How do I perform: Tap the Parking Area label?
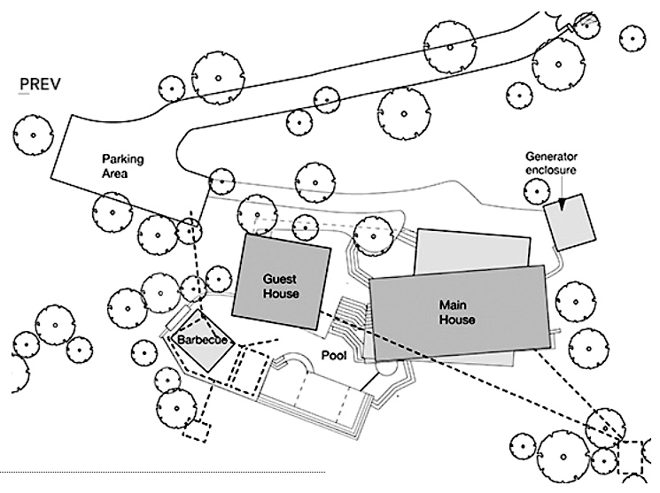pyautogui.click(x=122, y=166)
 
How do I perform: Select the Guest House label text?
pyautogui.click(x=280, y=285)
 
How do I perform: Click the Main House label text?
pyautogui.click(x=458, y=312)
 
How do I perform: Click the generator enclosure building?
pyautogui.click(x=570, y=221)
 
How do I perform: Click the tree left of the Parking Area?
pyautogui.click(x=32, y=135)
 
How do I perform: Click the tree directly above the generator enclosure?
pyautogui.click(x=535, y=189)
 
